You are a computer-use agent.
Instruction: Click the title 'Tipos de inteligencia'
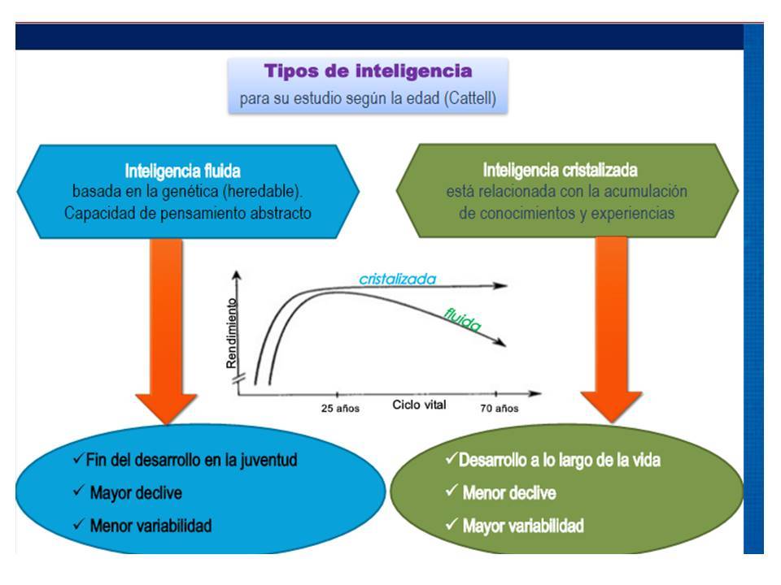(368, 71)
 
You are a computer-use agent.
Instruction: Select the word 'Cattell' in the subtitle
(469, 98)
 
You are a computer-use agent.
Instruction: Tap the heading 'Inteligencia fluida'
(183, 171)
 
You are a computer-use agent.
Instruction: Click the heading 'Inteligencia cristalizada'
(560, 170)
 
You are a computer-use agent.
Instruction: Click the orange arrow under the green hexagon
(612, 329)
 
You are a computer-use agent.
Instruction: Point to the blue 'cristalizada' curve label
(398, 279)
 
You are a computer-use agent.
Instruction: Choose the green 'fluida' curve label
(463, 320)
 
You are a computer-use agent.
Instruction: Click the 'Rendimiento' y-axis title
(231, 333)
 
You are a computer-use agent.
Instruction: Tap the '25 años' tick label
(340, 409)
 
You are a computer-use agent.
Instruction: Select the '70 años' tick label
(499, 409)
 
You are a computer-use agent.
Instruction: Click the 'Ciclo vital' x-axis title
(420, 405)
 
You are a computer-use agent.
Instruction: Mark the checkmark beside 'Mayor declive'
(79, 491)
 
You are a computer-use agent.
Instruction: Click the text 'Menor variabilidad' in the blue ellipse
(151, 526)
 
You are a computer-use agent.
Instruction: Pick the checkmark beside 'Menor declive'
(452, 491)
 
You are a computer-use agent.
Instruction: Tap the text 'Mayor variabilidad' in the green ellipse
(523, 526)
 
